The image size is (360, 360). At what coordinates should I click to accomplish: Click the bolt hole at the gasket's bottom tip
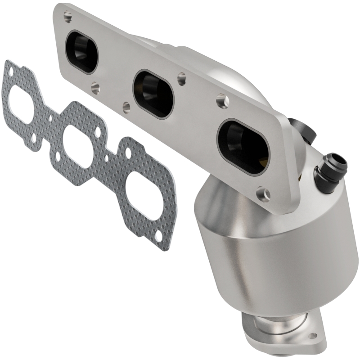tap(158, 236)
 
